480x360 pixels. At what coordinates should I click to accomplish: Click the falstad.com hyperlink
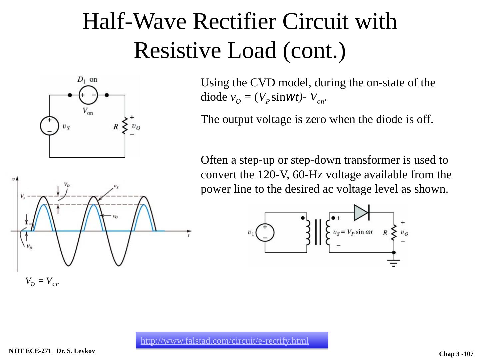224,341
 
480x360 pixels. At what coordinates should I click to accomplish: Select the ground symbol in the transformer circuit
394,262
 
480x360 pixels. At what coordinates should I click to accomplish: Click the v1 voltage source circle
265,232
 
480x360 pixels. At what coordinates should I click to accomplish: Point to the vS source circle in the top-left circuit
49,126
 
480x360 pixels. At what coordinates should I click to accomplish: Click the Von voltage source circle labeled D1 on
88,95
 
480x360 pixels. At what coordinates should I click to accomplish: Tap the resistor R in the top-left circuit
125,126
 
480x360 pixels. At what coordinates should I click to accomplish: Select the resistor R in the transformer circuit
394,232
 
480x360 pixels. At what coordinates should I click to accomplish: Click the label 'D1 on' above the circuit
87,80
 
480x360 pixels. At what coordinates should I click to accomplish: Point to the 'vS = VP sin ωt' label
353,232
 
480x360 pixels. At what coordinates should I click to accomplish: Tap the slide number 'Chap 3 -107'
456,354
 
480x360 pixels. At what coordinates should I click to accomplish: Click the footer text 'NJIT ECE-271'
30,351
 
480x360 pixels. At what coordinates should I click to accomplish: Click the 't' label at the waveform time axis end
189,236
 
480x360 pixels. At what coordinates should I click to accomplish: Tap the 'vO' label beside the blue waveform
115,216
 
